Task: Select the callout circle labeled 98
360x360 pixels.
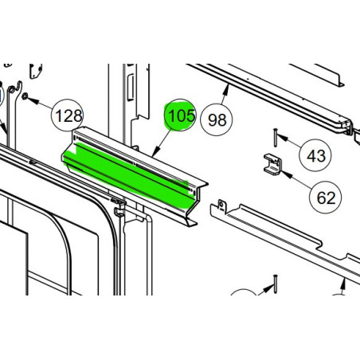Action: point(217,120)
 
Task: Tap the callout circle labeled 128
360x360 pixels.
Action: point(68,117)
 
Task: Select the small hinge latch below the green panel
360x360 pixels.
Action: point(119,209)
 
